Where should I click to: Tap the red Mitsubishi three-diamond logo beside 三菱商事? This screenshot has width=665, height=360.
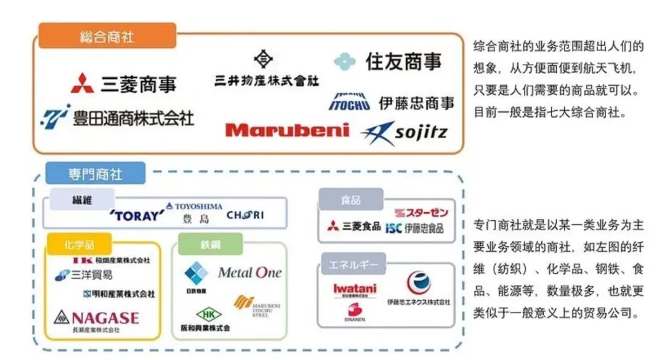pyautogui.click(x=82, y=83)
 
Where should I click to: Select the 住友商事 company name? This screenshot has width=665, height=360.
pyautogui.click(x=403, y=62)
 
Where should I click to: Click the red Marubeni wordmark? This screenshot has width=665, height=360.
pyautogui.click(x=286, y=130)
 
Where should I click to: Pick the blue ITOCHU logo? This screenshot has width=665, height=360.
pyautogui.click(x=349, y=102)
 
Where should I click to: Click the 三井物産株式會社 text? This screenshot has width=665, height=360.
pyautogui.click(x=267, y=81)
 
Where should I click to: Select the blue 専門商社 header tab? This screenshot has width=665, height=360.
pyautogui.click(x=95, y=174)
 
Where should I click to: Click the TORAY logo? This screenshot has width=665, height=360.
pyautogui.click(x=137, y=215)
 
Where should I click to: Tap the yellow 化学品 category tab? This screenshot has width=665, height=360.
pyautogui.click(x=78, y=244)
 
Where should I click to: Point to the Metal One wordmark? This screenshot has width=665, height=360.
pyautogui.click(x=249, y=272)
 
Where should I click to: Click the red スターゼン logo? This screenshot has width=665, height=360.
pyautogui.click(x=421, y=213)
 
